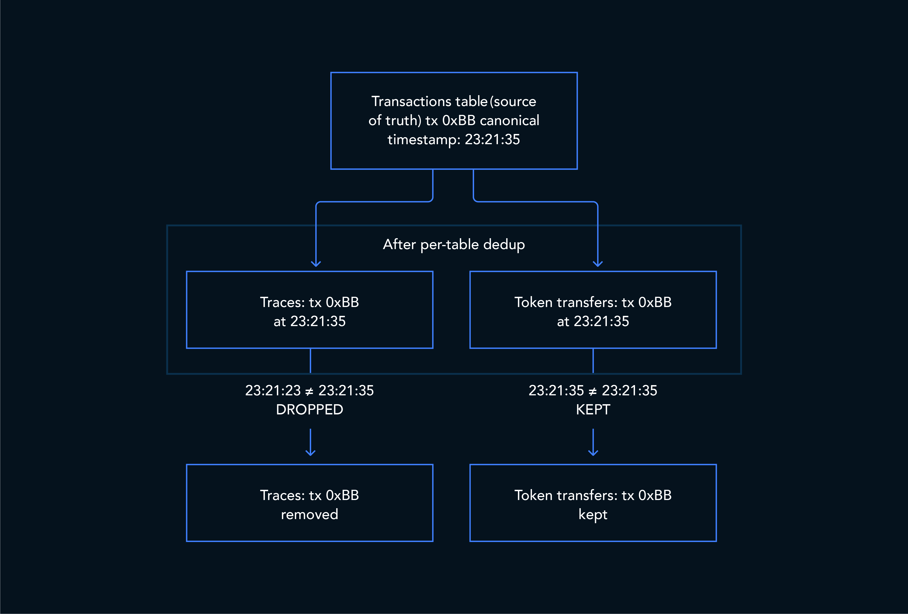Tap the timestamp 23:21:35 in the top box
[492, 139]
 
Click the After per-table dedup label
[454, 244]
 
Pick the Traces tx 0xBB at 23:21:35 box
[310, 309]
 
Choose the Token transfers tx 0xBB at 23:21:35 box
[593, 309]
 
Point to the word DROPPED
[310, 410]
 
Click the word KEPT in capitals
[593, 410]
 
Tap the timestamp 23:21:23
[273, 390]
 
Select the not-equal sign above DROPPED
[310, 391]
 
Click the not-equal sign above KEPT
[593, 391]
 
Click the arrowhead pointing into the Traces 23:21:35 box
[316, 264]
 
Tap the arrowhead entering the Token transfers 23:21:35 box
[598, 264]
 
